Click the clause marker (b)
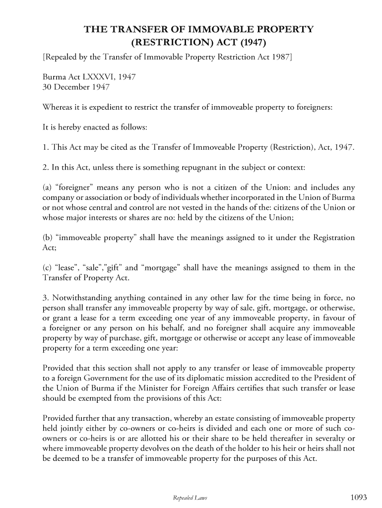[48, 238]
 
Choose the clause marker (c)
[48, 268]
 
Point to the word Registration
[334, 238]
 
